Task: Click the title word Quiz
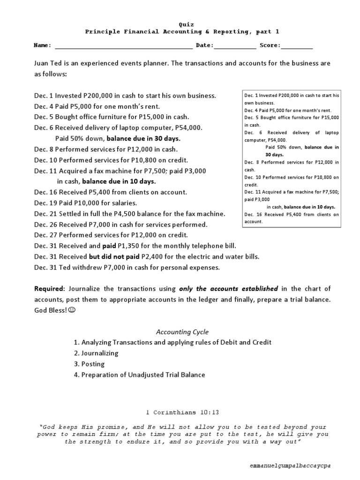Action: click(x=186, y=24)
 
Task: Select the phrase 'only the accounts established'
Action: click(x=228, y=288)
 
